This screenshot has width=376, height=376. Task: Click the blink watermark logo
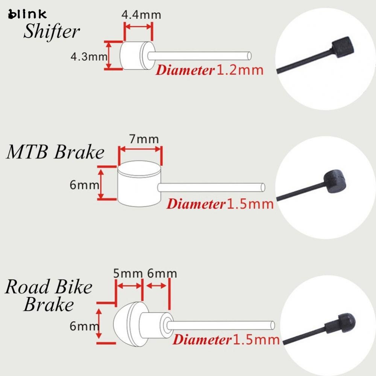tap(27, 14)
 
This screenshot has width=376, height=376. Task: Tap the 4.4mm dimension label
tap(141, 15)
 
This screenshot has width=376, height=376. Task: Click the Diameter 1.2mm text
tap(209, 70)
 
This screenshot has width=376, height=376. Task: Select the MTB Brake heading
tap(55, 152)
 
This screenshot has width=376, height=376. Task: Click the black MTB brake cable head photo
tap(334, 182)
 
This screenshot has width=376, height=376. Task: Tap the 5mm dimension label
tap(128, 274)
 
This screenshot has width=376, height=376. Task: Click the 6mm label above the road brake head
tap(162, 274)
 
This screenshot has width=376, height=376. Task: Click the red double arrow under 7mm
tap(140, 150)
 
